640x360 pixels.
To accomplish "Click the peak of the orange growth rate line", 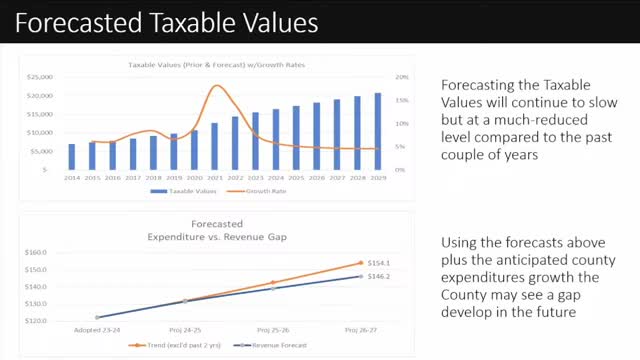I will [x=217, y=86].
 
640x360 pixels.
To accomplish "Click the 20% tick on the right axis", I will [x=401, y=77].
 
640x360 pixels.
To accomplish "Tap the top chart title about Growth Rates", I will [x=216, y=65].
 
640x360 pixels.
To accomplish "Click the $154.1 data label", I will [x=379, y=262].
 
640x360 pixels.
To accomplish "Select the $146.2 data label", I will [x=379, y=276].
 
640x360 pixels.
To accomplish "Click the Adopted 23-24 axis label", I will [x=97, y=328].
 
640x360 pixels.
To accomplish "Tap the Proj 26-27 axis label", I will [x=360, y=328].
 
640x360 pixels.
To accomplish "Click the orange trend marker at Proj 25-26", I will [x=272, y=283].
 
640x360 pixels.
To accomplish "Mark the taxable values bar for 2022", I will [x=236, y=145].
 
